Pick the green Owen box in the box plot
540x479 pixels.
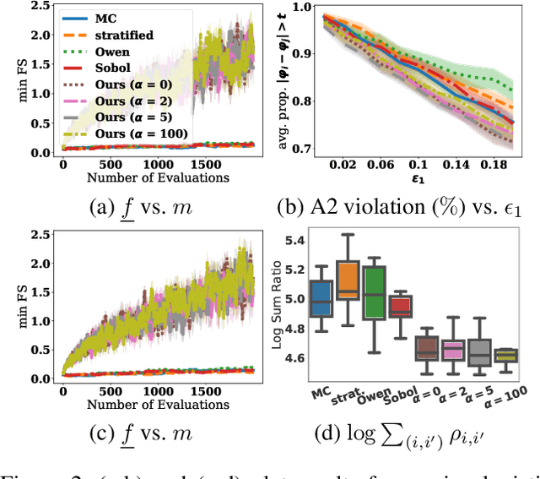[x=374, y=293]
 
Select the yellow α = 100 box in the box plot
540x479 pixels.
[x=505, y=356]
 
